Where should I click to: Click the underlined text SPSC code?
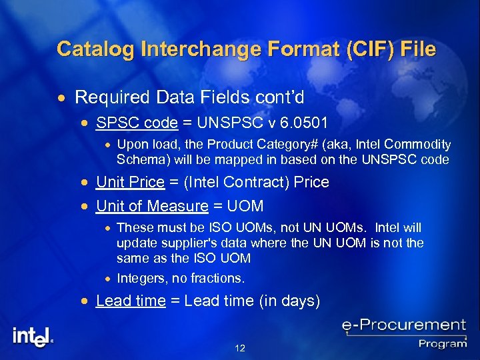coord(137,123)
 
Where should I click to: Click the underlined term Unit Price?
coord(130,182)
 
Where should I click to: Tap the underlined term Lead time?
coord(131,301)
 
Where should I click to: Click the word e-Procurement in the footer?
coord(403,326)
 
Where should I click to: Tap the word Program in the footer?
coord(443,343)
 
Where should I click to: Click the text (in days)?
coord(290,301)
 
